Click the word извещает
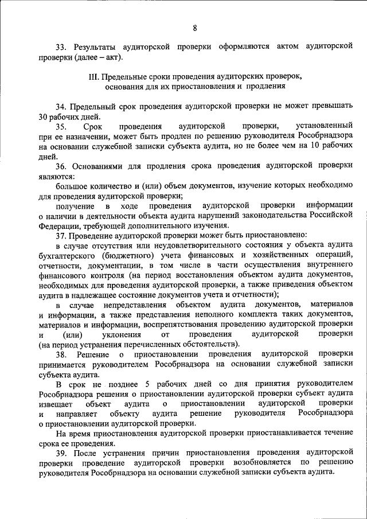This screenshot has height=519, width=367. click(57, 404)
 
